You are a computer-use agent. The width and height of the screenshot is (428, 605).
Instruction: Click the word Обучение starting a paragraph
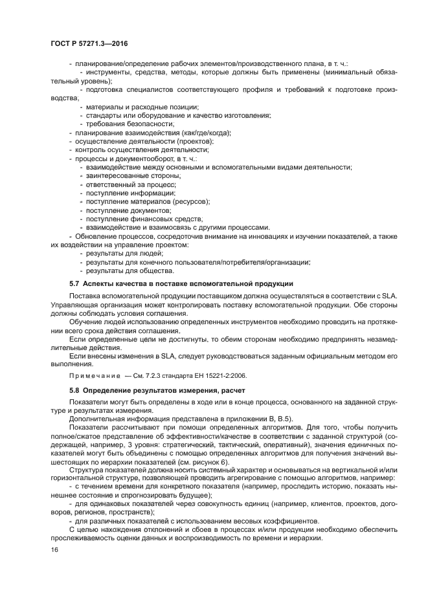[85, 321]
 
